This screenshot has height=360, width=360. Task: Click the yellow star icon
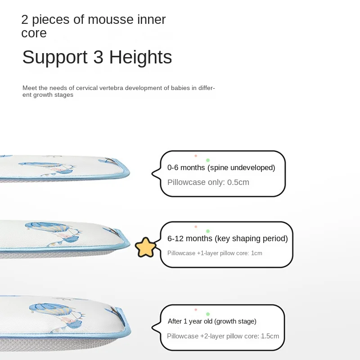[145, 247]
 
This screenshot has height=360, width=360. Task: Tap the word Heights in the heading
[140, 57]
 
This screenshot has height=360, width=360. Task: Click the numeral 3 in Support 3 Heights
[98, 57]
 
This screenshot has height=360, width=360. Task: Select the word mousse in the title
[110, 19]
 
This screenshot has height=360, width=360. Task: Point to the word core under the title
[34, 33]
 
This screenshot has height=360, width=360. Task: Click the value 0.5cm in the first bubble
[238, 182]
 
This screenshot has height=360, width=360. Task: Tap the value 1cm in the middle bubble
[256, 253]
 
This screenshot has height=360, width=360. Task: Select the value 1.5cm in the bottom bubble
[270, 336]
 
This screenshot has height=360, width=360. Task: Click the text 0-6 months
[186, 167]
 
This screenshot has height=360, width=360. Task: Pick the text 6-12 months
[189, 238]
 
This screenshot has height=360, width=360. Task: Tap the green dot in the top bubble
[208, 160]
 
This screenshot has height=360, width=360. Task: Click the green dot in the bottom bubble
[208, 314]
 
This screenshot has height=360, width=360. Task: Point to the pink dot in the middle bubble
[196, 227]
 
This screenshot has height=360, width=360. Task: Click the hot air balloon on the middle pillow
[48, 227]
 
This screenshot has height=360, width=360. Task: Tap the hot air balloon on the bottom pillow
[51, 309]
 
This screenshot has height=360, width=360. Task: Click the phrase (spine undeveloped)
[241, 168]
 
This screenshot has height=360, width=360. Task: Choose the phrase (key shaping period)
[251, 239]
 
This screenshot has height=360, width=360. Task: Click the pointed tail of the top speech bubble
[153, 174]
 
